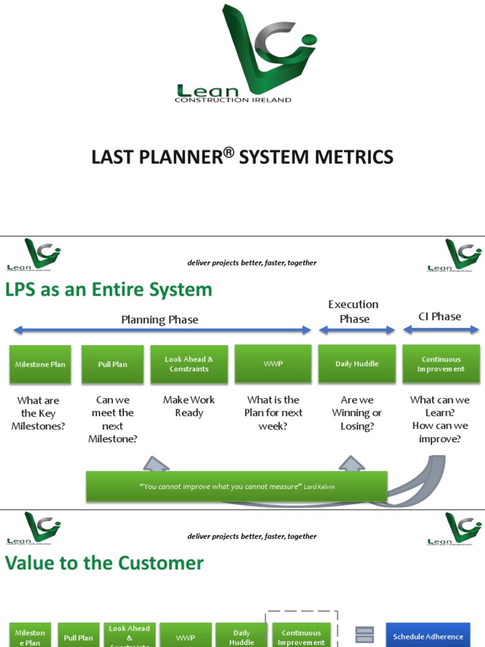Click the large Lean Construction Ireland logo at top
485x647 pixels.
243,54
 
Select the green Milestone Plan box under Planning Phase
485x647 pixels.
40,364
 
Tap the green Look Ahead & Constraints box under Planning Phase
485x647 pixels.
189,364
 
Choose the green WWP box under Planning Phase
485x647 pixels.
273,364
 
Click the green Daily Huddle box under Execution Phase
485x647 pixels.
357,364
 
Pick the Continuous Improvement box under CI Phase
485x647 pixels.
441,364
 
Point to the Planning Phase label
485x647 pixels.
160,320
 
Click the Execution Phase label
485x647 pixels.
354,311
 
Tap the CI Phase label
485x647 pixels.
440,317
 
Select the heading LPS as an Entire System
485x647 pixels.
109,290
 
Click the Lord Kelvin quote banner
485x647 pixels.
236,487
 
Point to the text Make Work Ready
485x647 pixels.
189,406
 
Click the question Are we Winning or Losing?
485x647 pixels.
357,413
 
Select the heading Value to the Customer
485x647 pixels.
104,564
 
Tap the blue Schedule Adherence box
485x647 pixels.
428,636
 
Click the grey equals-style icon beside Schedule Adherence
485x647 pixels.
364,634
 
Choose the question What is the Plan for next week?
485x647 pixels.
273,413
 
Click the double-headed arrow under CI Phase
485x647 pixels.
440,330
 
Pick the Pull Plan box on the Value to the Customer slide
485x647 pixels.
78,637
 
